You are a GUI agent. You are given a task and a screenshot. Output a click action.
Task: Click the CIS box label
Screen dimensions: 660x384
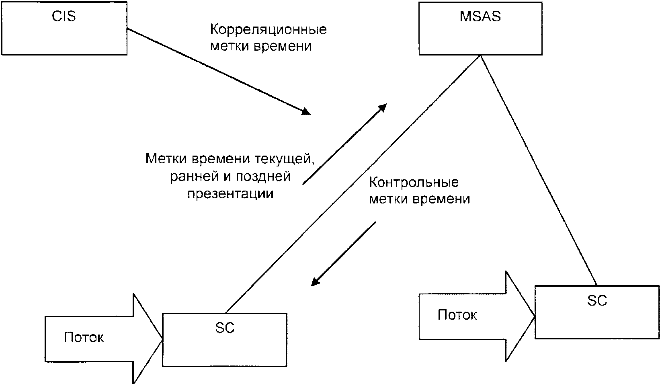pyautogui.click(x=64, y=16)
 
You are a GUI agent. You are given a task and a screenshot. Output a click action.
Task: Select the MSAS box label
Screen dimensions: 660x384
pyautogui.click(x=480, y=16)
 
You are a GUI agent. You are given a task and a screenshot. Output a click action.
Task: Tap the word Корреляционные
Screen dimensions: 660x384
pyautogui.click(x=269, y=30)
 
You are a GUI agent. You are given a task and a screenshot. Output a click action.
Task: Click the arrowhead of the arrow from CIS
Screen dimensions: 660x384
pyautogui.click(x=306, y=111)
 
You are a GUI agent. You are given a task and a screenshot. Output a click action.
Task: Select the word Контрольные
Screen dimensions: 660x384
pyautogui.click(x=414, y=183)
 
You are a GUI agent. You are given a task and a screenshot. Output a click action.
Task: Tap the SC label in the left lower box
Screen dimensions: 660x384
pyautogui.click(x=225, y=328)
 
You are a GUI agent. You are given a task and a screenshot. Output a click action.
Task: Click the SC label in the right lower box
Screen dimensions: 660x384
pyautogui.click(x=597, y=301)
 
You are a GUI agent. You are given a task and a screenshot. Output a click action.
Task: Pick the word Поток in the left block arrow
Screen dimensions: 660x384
pyautogui.click(x=84, y=337)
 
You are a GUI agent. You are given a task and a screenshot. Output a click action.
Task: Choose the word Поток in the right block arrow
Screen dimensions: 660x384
pyautogui.click(x=457, y=315)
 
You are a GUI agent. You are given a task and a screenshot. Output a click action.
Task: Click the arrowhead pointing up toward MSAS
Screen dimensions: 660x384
pyautogui.click(x=382, y=108)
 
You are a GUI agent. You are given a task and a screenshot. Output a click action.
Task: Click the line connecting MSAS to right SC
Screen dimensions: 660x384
pyautogui.click(x=539, y=170)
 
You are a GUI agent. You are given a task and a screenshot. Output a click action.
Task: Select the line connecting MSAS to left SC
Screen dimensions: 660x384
pyautogui.click(x=353, y=184)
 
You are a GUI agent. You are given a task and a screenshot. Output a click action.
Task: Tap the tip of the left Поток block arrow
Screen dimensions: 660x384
pyautogui.click(x=162, y=339)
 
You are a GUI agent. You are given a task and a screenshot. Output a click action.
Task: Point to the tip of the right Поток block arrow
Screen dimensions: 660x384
pyautogui.click(x=535, y=316)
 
